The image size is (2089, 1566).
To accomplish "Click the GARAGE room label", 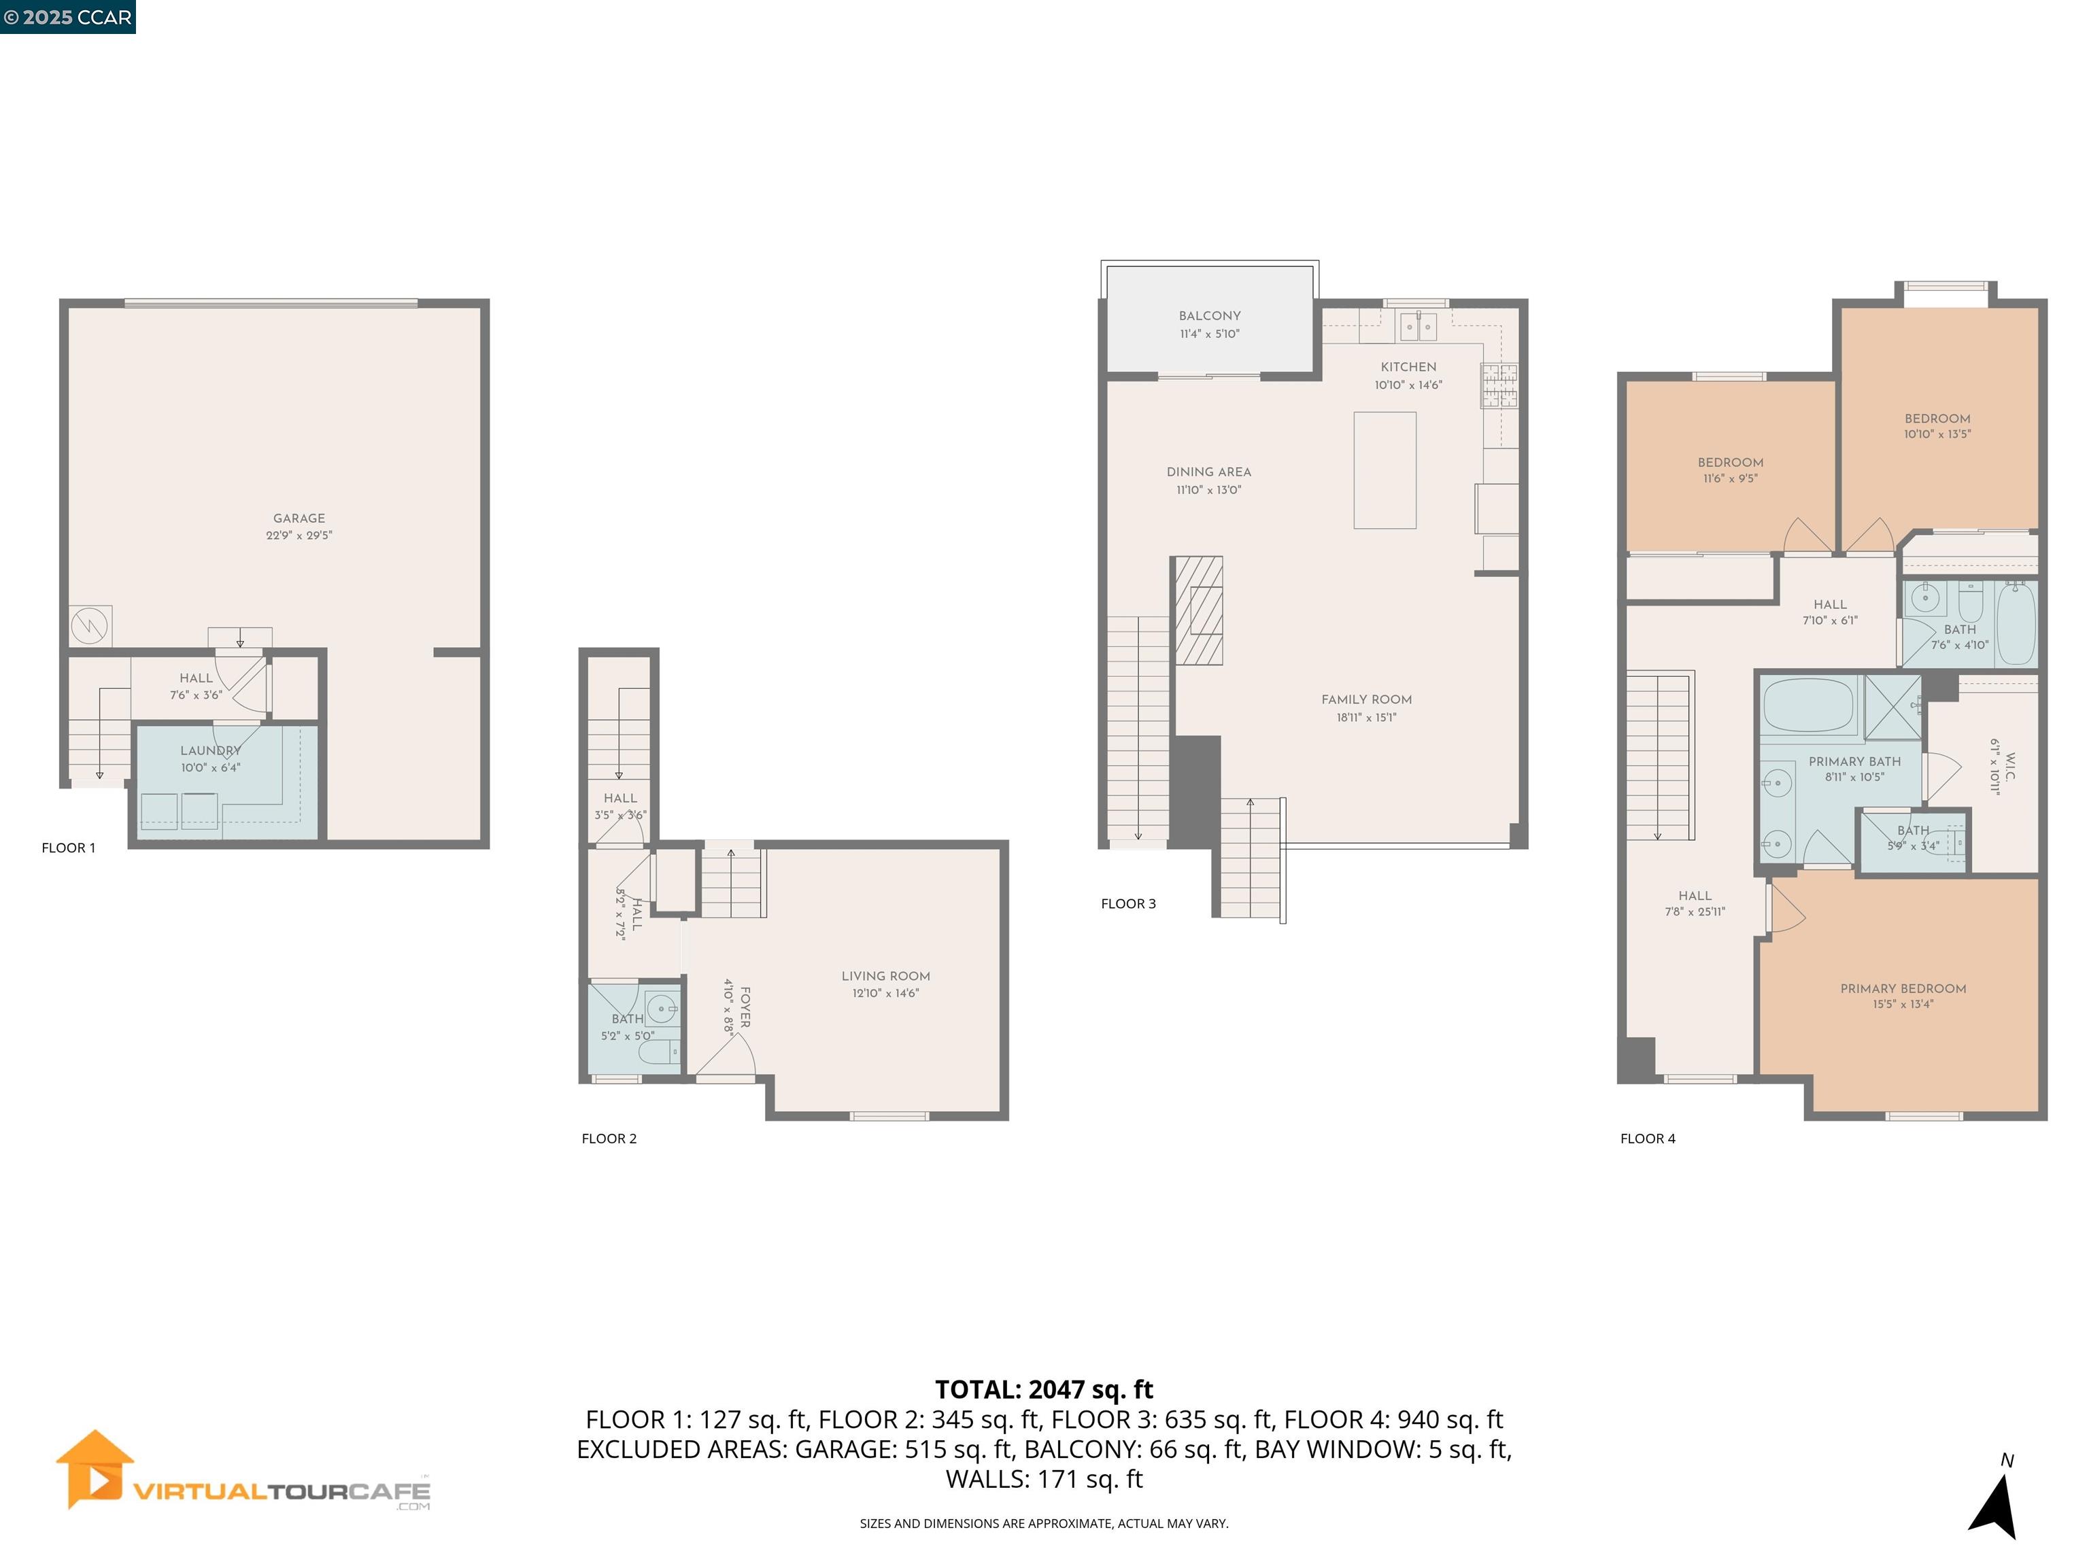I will click(x=299, y=518).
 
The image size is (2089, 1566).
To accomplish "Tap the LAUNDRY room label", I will click(x=211, y=750).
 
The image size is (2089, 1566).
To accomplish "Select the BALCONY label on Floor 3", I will click(x=1209, y=316).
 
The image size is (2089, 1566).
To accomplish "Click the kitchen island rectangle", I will click(x=1385, y=470).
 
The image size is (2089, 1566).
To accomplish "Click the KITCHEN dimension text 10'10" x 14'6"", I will click(x=1408, y=385).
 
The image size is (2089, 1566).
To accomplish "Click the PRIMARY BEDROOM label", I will click(x=1902, y=988).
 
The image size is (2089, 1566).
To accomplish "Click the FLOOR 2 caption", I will click(x=609, y=1138).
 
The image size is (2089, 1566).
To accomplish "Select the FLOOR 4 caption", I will click(x=1647, y=1138).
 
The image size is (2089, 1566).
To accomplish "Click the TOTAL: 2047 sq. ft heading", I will click(x=1044, y=1389).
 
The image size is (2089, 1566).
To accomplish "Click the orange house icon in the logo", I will click(x=95, y=1469).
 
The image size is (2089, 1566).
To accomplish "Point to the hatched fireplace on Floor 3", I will click(x=1198, y=610).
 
